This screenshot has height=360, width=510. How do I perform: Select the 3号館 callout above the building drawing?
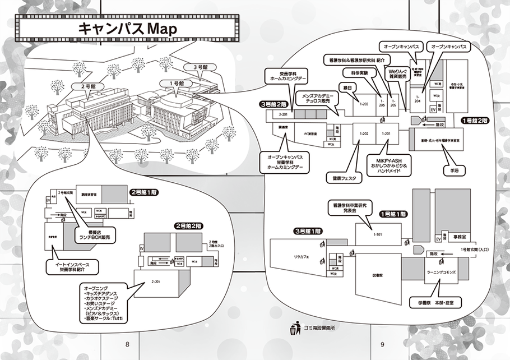[x=200, y=67]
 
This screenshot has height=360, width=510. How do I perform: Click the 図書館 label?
[x=377, y=276]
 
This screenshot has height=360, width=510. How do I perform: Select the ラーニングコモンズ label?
[x=441, y=271]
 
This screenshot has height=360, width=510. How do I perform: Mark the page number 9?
[x=381, y=344]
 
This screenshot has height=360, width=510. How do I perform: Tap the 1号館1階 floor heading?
[x=394, y=214]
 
